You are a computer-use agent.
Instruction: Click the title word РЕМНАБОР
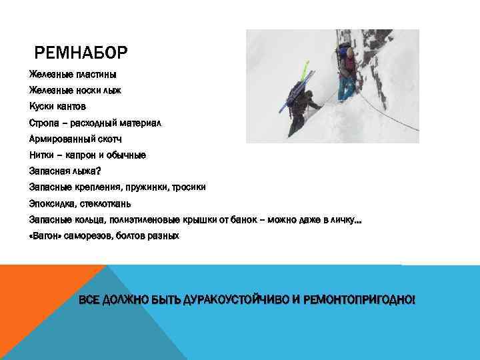click(x=81, y=51)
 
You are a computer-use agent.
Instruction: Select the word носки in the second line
click(x=87, y=90)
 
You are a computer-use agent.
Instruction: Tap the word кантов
click(x=71, y=106)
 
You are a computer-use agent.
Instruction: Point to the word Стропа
click(x=43, y=123)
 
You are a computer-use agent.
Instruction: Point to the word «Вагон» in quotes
click(x=45, y=236)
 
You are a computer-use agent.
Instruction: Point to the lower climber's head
click(x=309, y=94)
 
